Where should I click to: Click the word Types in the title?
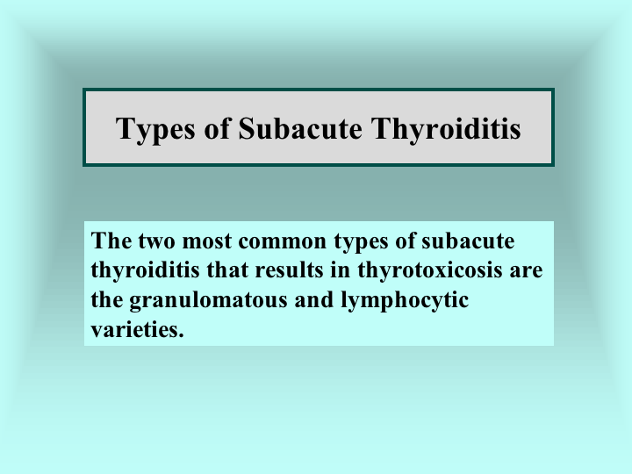(155, 130)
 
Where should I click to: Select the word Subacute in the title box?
(300, 128)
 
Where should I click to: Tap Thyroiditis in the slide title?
(447, 130)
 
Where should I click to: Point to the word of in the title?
(218, 128)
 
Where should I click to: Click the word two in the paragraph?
(157, 241)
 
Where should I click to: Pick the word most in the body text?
(207, 241)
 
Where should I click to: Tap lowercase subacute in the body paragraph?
(468, 241)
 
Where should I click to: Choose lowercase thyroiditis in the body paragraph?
(146, 271)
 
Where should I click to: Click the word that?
(227, 269)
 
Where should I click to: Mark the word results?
(289, 269)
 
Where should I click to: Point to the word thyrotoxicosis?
(430, 271)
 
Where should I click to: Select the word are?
(526, 272)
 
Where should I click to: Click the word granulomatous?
(208, 301)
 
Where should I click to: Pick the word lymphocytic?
(405, 301)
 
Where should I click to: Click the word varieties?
(138, 329)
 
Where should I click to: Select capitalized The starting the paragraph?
(111, 241)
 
